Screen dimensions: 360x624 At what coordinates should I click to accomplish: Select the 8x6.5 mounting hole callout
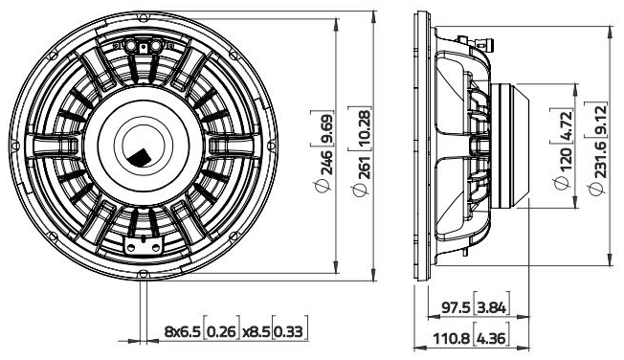[x=182, y=332]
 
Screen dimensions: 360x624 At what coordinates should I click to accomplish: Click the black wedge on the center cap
[x=140, y=156]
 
